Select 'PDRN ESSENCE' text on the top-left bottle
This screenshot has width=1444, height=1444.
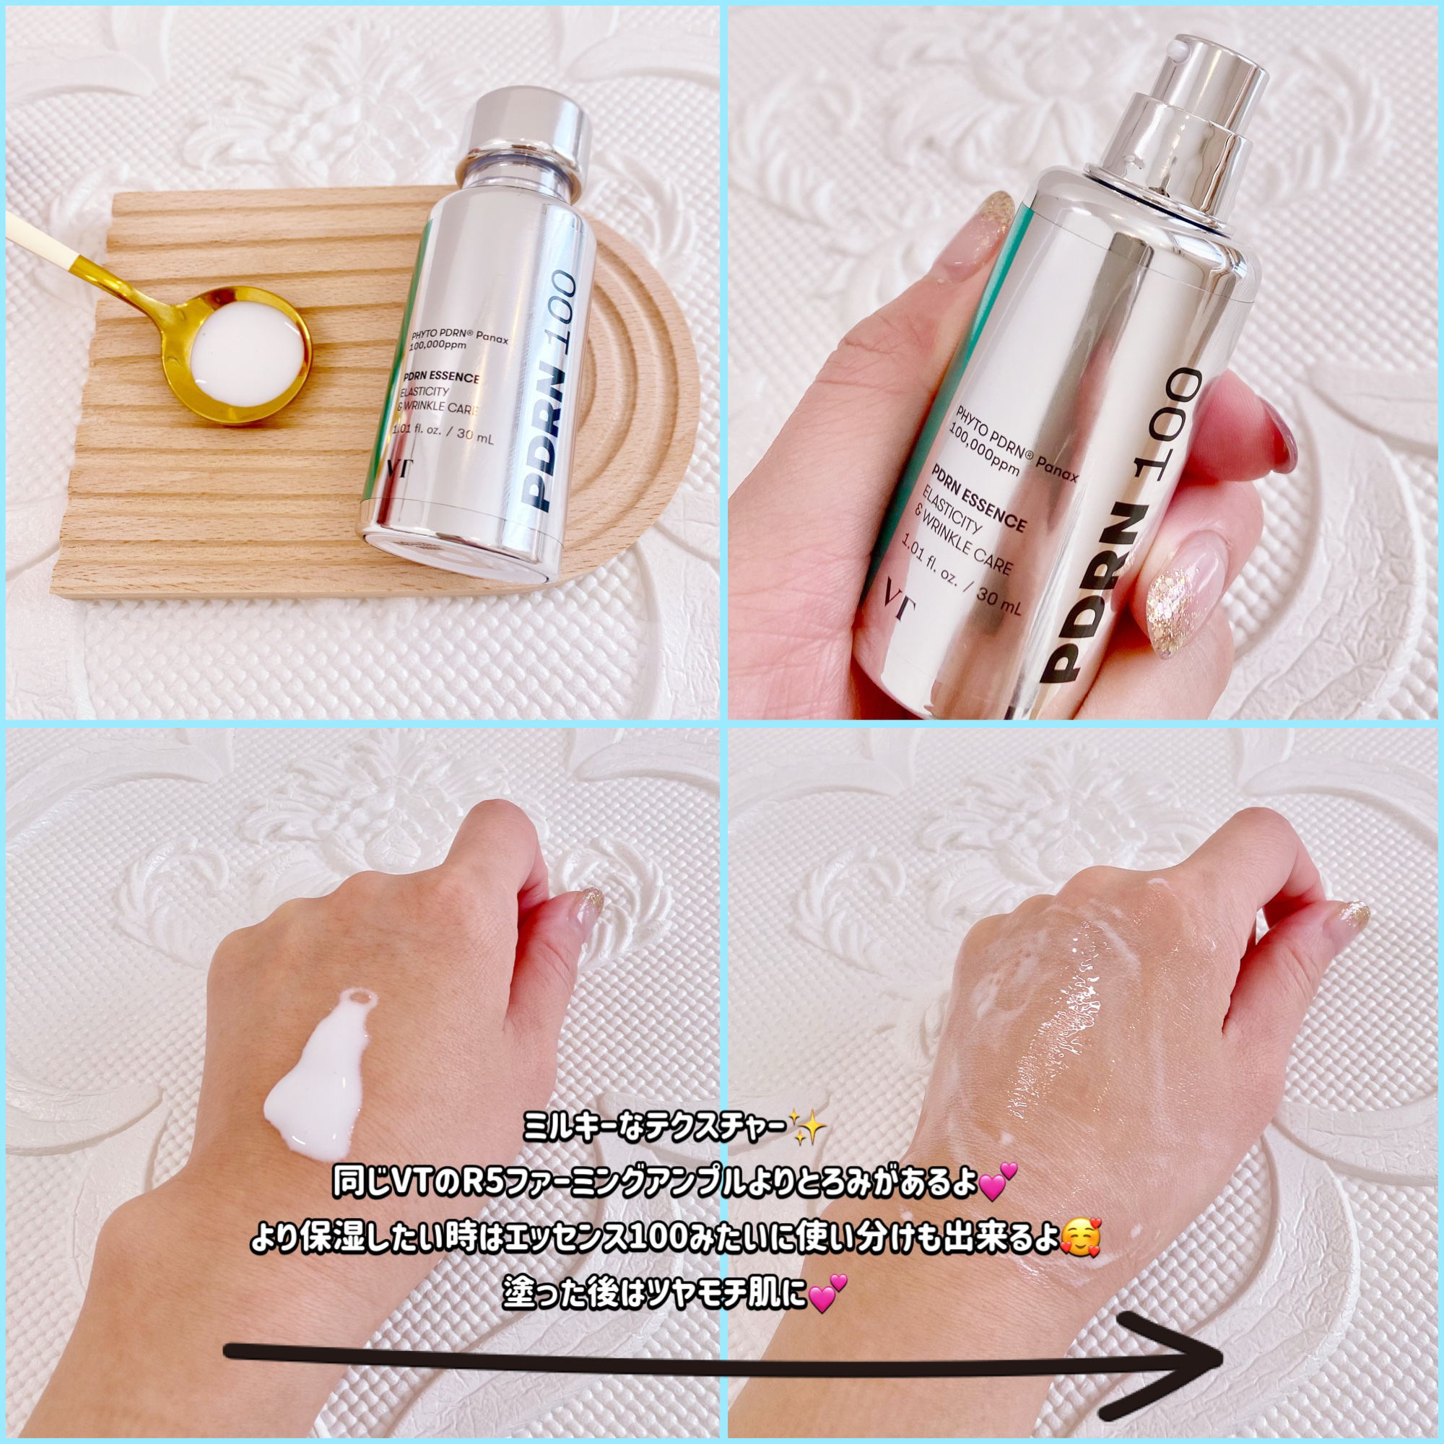441,378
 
